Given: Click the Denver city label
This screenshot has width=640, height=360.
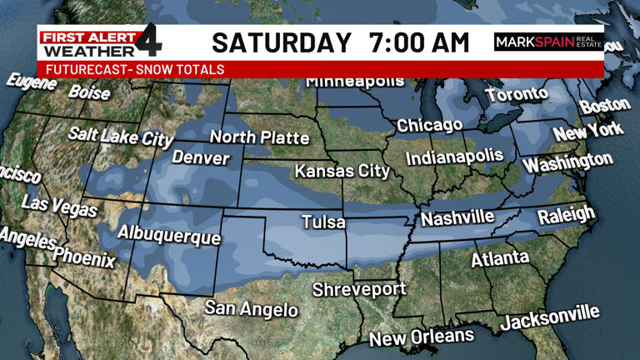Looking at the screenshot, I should click(201, 157).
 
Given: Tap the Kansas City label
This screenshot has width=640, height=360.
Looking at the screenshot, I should click(342, 172).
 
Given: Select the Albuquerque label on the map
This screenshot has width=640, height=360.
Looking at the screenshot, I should click(169, 234).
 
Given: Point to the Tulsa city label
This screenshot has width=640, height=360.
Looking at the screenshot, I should click(323, 222).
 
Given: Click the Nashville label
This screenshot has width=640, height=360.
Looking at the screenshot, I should click(457, 218).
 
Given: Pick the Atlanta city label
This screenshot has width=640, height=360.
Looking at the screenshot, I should click(500, 258).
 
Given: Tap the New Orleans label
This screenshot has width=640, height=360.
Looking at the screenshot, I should click(422, 337).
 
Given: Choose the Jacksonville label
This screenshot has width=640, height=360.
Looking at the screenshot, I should click(549, 317).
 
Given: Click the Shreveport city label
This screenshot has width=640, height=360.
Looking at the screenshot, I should click(359, 290).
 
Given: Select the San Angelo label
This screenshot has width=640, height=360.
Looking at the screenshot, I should click(252, 308).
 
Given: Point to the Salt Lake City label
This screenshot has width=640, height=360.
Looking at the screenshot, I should click(121, 136).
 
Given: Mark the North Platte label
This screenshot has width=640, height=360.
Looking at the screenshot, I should click(259, 137).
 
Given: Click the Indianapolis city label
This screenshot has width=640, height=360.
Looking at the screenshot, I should click(455, 157).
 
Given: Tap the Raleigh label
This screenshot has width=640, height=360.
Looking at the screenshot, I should click(567, 216).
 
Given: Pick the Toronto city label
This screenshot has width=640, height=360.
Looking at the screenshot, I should click(517, 94).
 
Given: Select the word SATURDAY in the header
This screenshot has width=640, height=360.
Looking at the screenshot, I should click(282, 42).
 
